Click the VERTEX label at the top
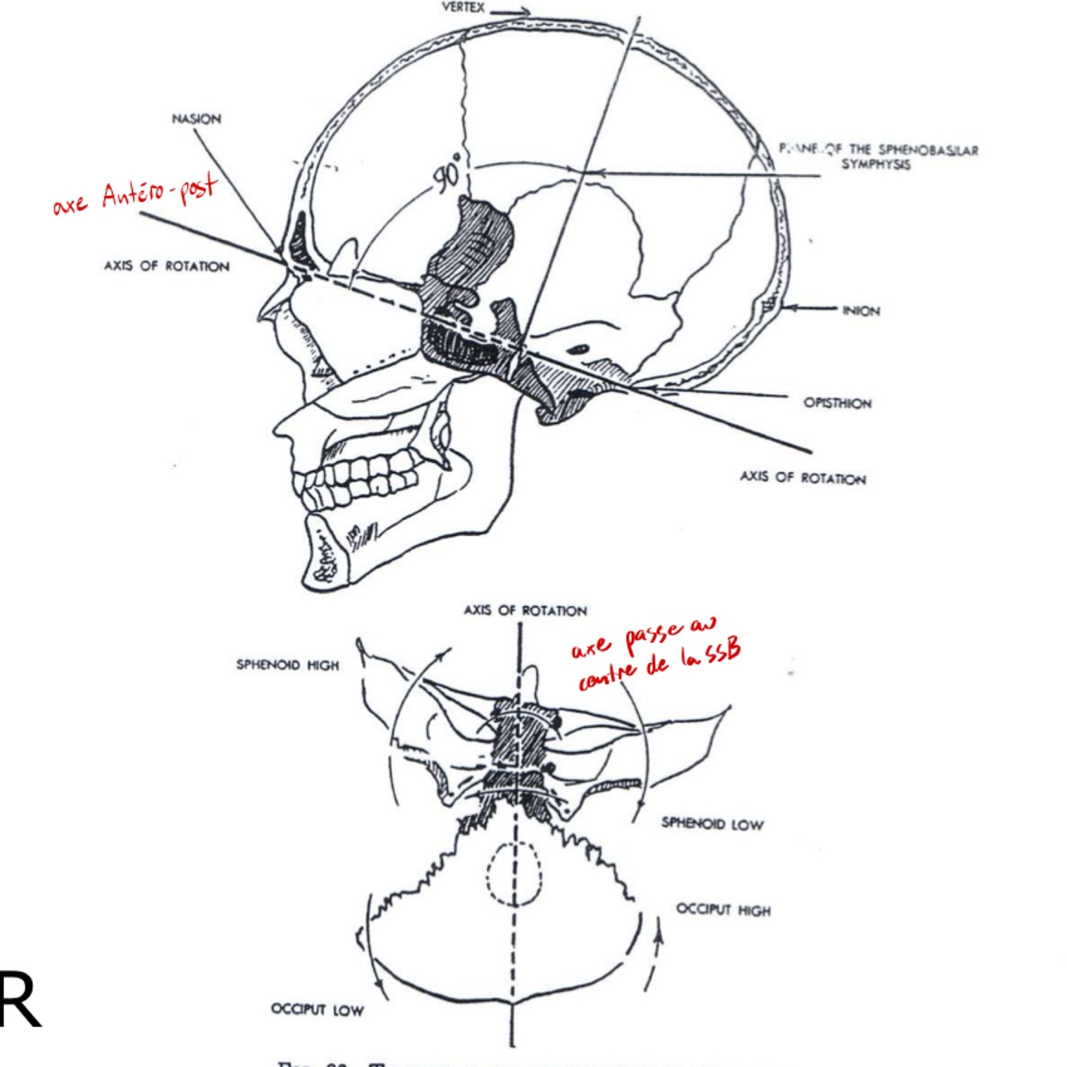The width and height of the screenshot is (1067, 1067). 463,7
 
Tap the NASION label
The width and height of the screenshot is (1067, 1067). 196,119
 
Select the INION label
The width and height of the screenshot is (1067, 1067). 861,310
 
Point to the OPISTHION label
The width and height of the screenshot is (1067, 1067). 837,402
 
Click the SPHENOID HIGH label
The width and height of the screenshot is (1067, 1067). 287,665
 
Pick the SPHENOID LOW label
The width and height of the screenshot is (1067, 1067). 712,823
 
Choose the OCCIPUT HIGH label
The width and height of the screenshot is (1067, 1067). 723,909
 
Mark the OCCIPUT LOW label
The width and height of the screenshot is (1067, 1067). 317,1009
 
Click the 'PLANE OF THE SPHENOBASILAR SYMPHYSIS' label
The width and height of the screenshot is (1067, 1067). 878,156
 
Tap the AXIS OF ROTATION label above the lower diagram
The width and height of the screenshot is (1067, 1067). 525,610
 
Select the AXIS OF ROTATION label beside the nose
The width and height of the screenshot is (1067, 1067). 166,266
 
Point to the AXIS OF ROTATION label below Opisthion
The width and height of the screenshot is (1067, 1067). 802,478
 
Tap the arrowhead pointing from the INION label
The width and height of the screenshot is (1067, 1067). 788,308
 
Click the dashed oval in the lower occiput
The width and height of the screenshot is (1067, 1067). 515,874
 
